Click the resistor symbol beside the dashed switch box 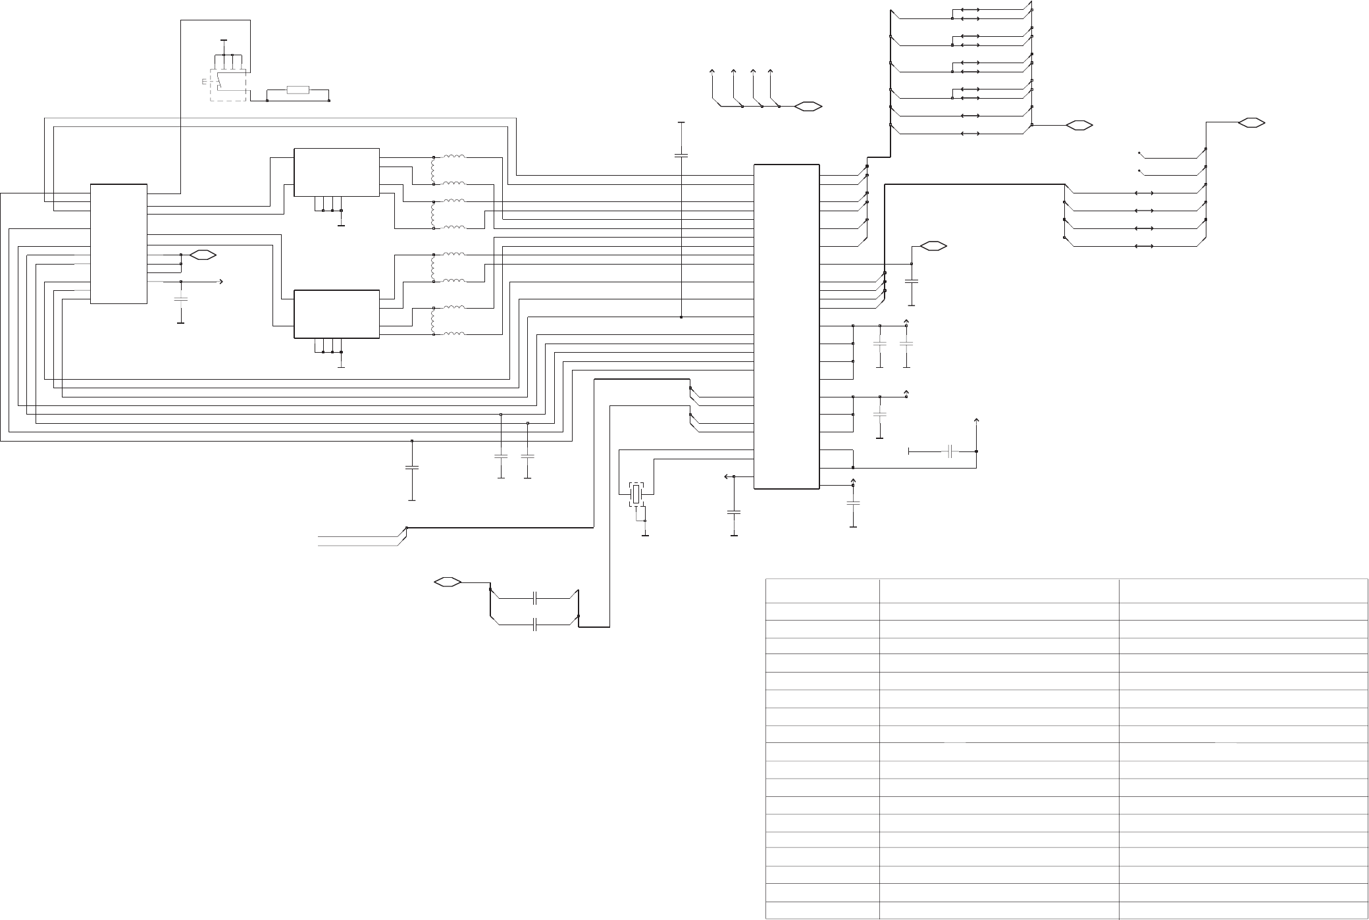coord(298,90)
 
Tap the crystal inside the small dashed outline coord(636,494)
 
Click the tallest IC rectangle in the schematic coord(786,326)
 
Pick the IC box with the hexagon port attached coord(118,244)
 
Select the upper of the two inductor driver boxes coord(336,172)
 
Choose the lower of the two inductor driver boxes coord(336,314)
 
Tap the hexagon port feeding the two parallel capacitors coord(447,582)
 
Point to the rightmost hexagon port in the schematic coord(1251,122)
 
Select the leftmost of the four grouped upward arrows coord(712,71)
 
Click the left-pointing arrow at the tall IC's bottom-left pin coord(727,476)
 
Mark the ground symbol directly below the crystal coord(645,535)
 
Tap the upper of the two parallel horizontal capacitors coord(536,599)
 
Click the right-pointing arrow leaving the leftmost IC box coord(220,282)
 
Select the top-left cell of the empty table coord(823,590)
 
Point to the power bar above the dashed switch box coord(224,40)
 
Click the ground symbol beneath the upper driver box coord(341,225)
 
